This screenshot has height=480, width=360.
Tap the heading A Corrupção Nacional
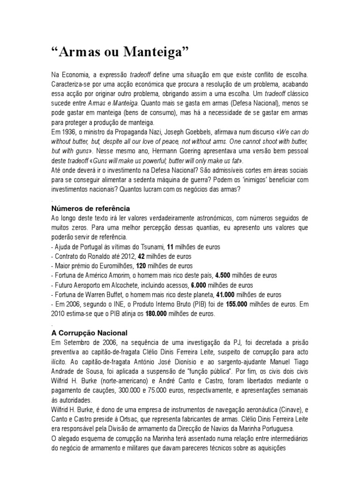(x=89, y=332)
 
